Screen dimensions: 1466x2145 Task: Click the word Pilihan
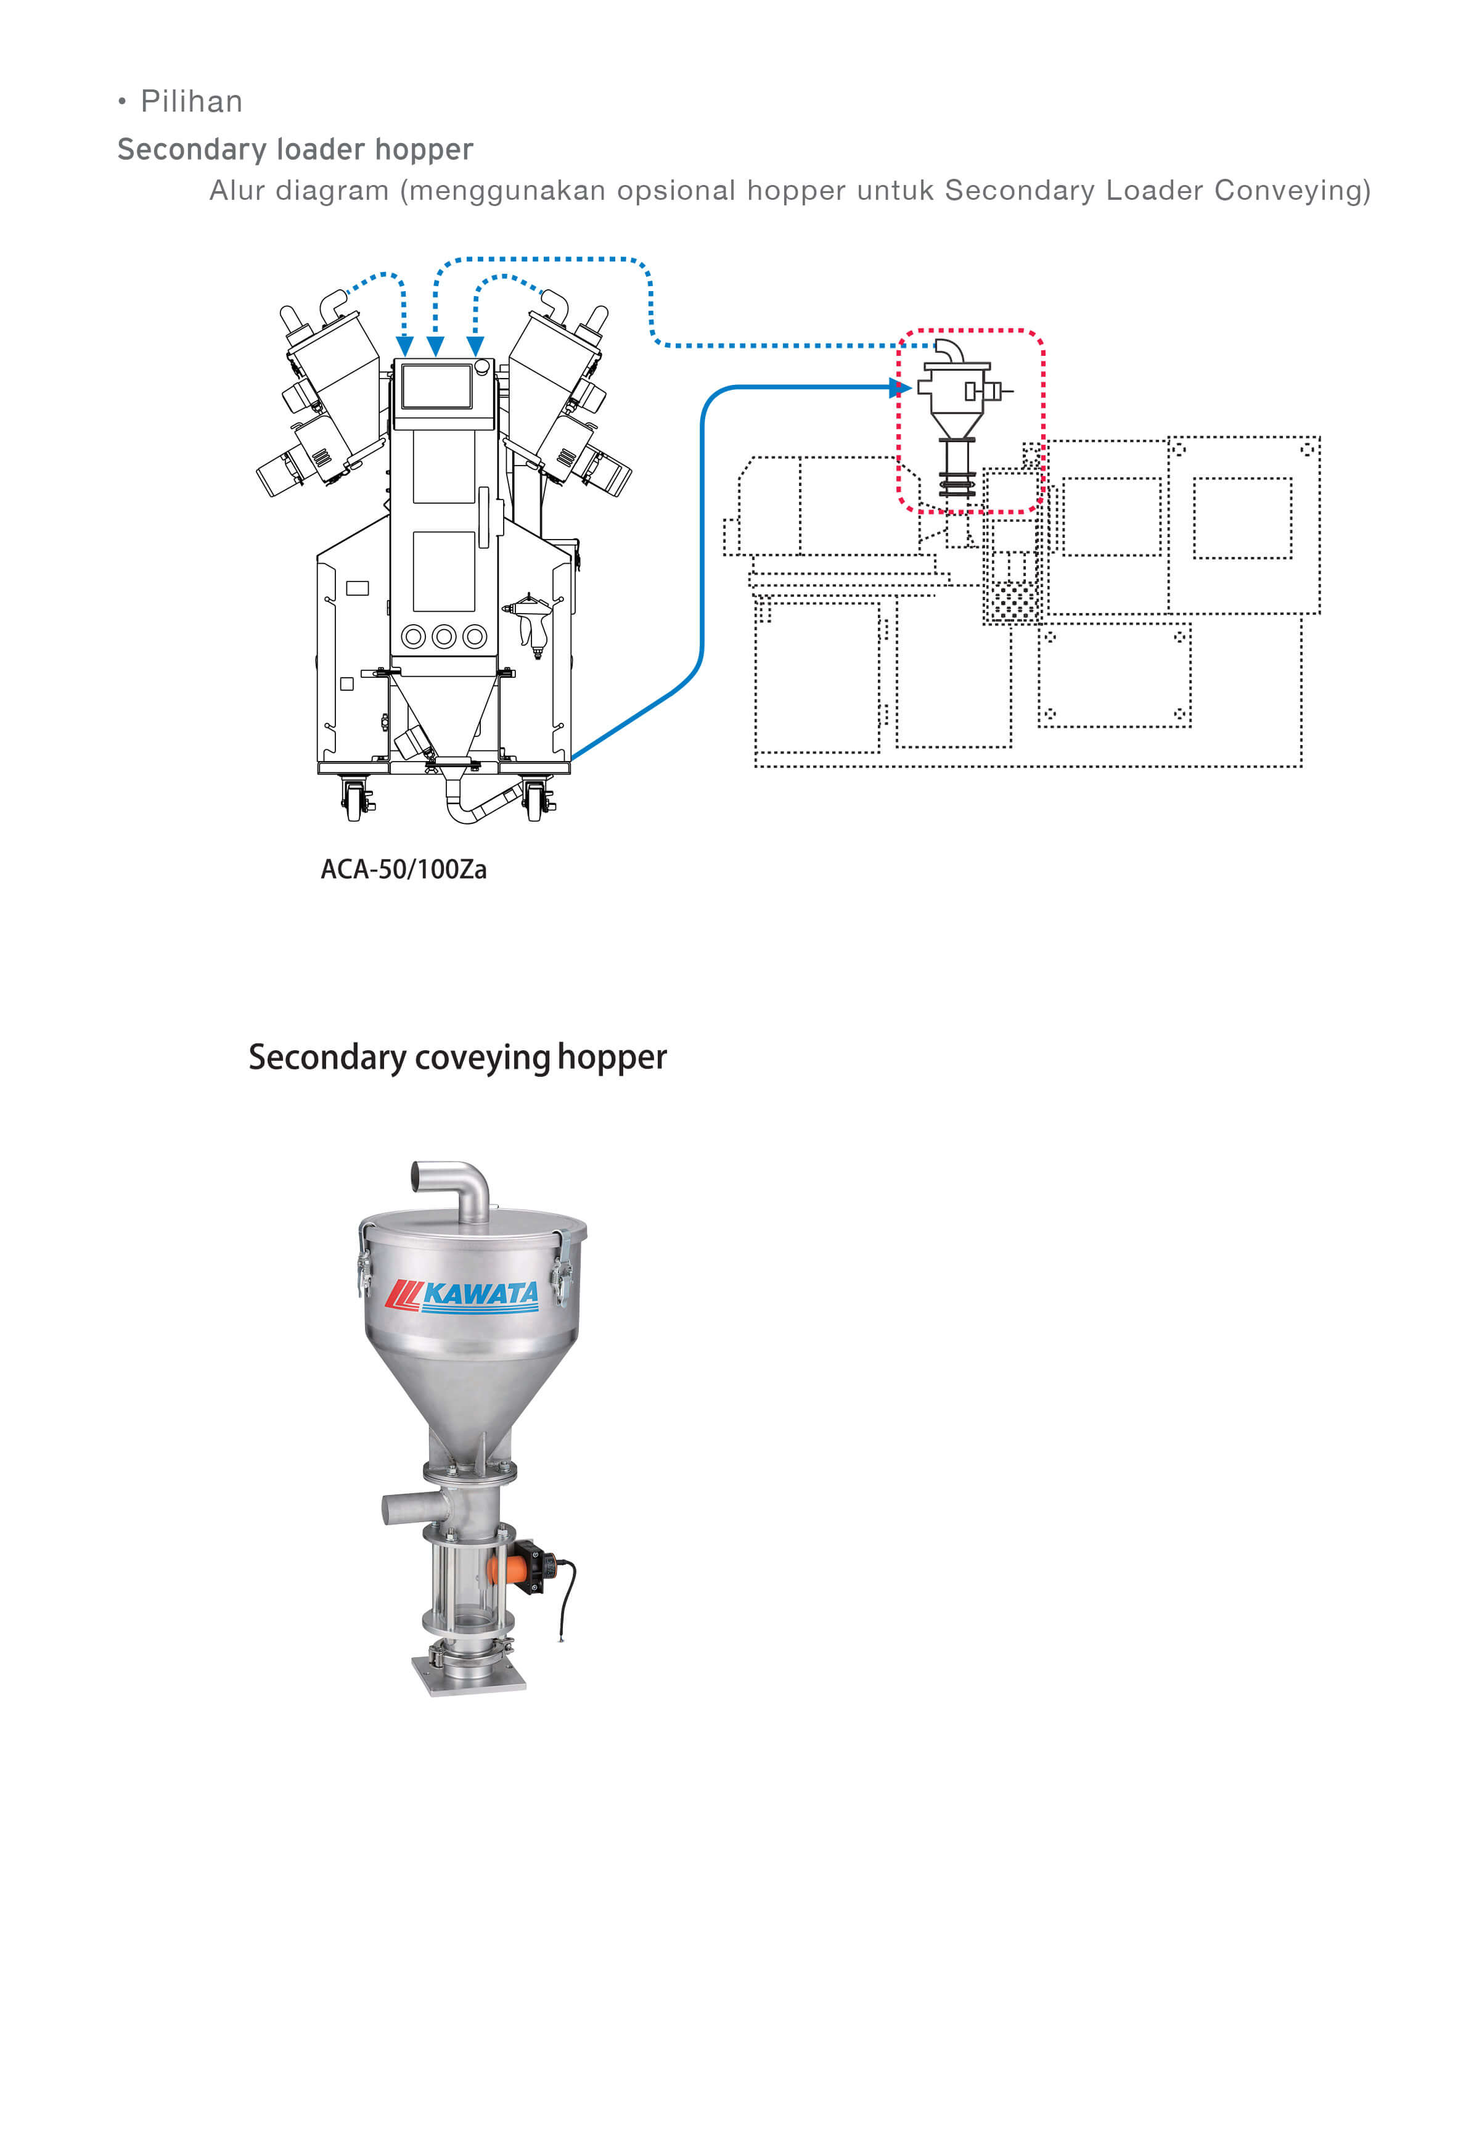click(x=191, y=102)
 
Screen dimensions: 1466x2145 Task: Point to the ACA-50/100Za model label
click(x=403, y=870)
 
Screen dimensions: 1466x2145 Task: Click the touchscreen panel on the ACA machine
click(x=436, y=387)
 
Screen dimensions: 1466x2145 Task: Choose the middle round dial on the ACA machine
click(x=444, y=637)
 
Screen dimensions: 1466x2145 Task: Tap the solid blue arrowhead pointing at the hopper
click(x=899, y=388)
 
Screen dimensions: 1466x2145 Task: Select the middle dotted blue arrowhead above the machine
click(x=435, y=346)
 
